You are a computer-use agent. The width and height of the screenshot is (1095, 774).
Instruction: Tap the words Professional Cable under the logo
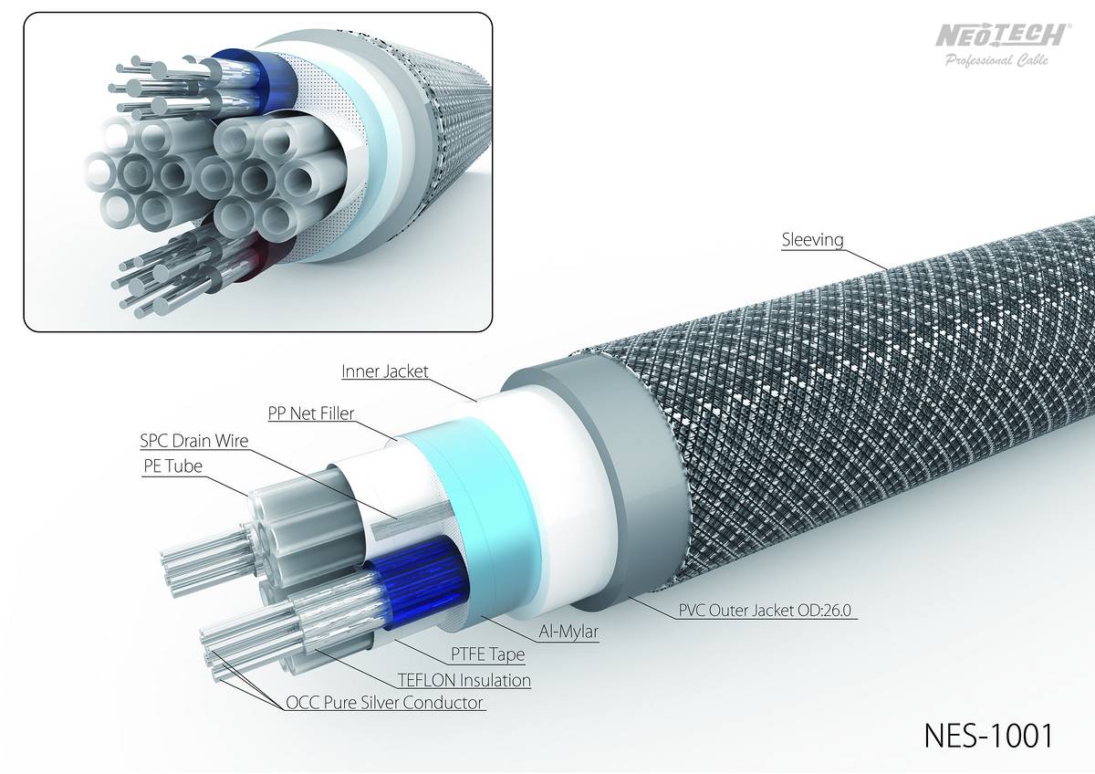click(996, 60)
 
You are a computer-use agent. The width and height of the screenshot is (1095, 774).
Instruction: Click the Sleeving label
click(812, 239)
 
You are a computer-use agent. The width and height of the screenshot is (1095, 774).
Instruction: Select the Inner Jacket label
click(385, 371)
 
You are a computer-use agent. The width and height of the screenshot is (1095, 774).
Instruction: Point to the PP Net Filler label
click(310, 413)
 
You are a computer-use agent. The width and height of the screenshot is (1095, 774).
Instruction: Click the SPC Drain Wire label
click(194, 441)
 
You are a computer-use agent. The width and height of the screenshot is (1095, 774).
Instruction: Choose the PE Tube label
click(172, 466)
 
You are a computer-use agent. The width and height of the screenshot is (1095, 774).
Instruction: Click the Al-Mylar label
click(568, 632)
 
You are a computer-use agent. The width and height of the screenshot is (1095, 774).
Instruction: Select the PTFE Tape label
click(487, 654)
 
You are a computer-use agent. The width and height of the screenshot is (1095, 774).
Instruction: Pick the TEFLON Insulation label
click(464, 680)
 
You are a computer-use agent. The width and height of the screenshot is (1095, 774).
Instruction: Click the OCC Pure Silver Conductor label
click(384, 703)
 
